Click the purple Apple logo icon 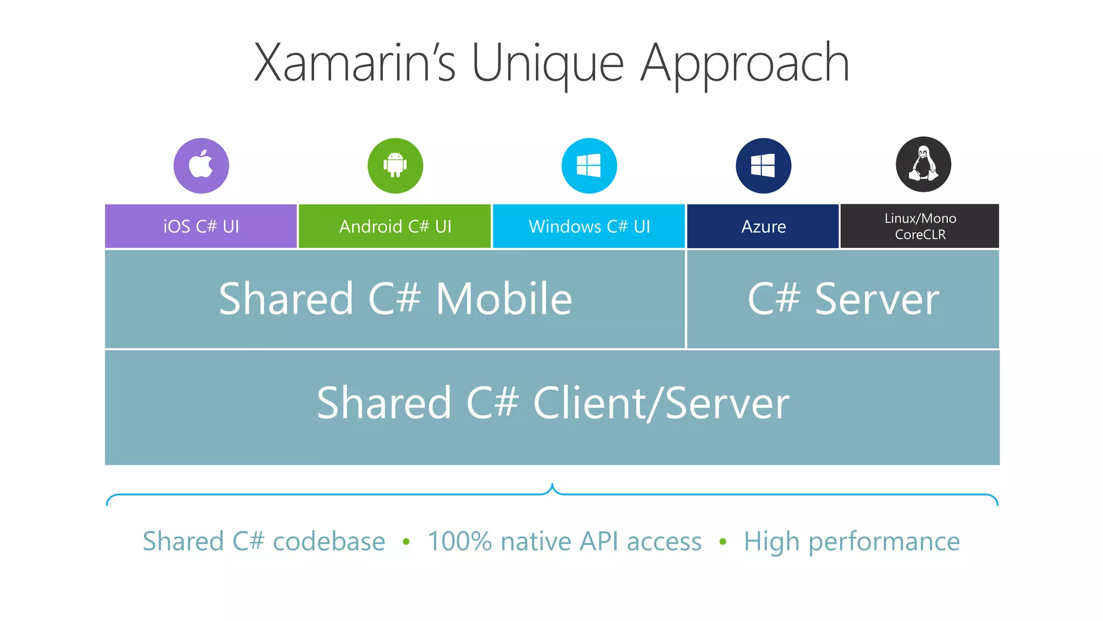[x=201, y=165]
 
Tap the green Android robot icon [x=395, y=165]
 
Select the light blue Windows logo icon [x=589, y=165]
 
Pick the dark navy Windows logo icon [x=763, y=165]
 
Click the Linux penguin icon [x=923, y=164]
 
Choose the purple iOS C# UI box [x=201, y=226]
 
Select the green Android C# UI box [x=395, y=226]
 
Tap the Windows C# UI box [x=589, y=226]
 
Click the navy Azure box [x=763, y=226]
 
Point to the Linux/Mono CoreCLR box [x=920, y=226]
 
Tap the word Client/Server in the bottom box [x=661, y=403]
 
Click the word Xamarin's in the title [x=355, y=64]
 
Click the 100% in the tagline [x=459, y=541]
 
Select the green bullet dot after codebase [x=406, y=542]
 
